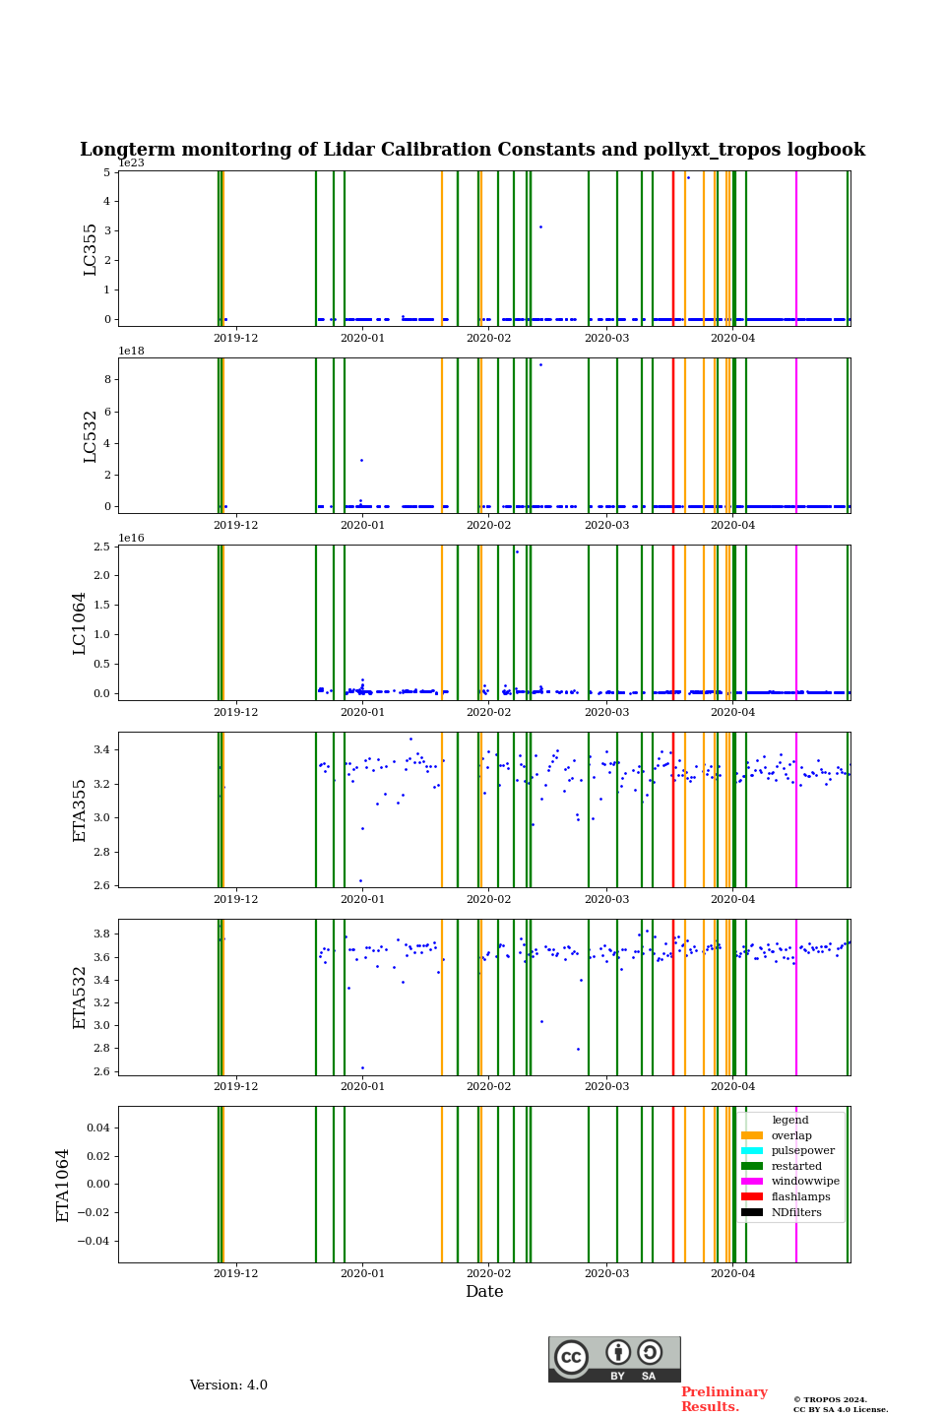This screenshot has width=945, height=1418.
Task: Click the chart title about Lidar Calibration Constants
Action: pos(472,150)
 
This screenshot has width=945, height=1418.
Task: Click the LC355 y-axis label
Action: pos(91,249)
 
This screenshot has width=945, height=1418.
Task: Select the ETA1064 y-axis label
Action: pos(63,1185)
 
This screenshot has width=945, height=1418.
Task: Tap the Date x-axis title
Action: pos(484,1292)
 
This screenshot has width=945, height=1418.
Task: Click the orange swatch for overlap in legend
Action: pos(752,1135)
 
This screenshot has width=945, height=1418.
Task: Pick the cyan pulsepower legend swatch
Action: pos(752,1151)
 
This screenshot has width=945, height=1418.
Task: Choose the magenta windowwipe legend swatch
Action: pos(752,1182)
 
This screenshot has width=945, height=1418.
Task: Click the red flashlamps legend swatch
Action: pos(752,1197)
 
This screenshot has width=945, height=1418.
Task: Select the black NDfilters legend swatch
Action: pos(752,1212)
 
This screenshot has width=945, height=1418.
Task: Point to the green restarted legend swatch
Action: pos(752,1166)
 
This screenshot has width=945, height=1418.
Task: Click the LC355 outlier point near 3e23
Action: pos(540,227)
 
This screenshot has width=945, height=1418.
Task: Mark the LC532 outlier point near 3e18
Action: pos(361,460)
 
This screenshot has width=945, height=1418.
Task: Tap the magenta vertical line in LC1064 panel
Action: pos(796,622)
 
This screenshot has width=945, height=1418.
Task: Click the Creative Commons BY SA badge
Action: pos(614,1359)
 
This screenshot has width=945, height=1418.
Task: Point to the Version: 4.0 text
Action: pos(228,1386)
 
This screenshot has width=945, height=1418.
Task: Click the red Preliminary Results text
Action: pos(724,1399)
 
